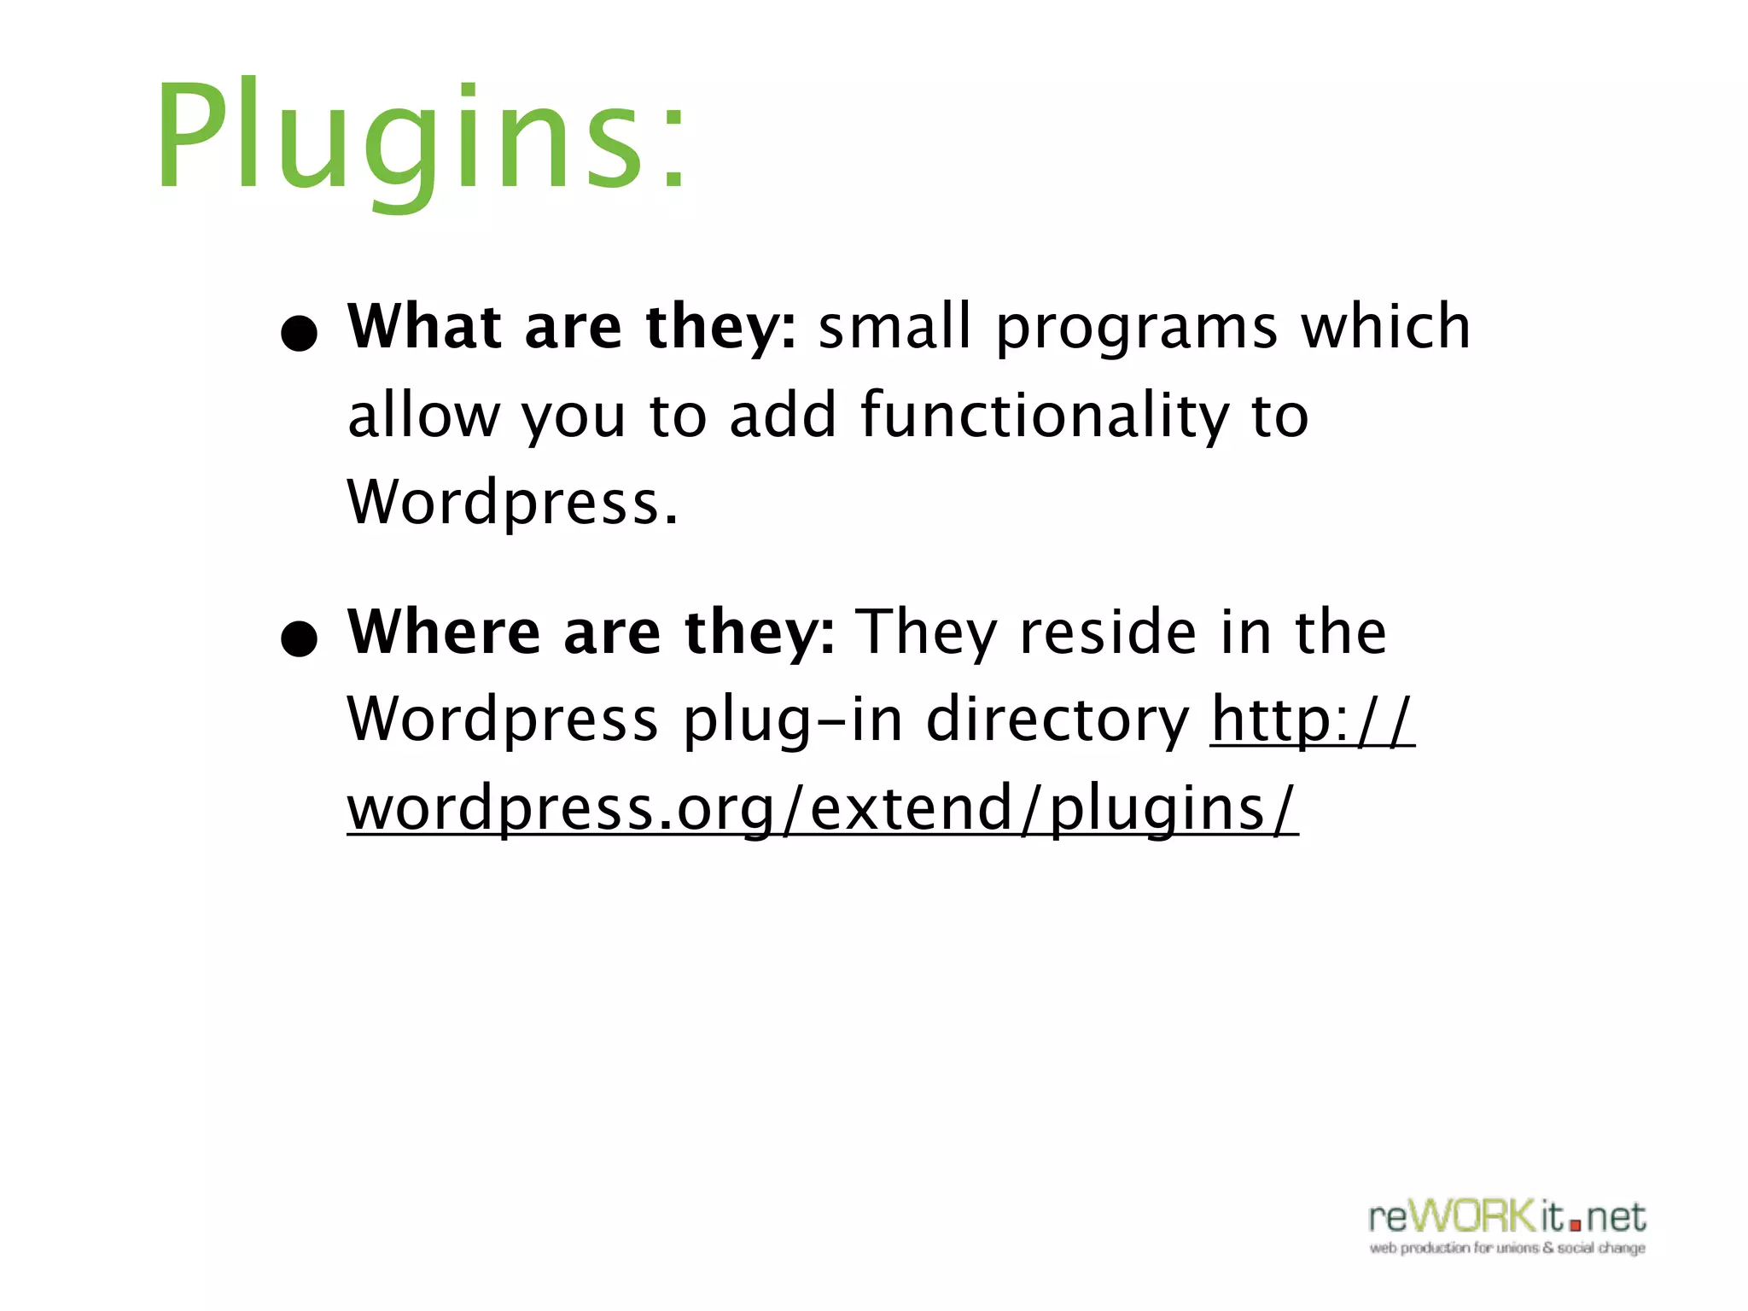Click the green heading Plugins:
pos(421,137)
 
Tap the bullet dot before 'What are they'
pos(299,334)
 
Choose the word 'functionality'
pos(1045,417)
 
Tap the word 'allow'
pos(423,416)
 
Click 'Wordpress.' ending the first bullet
pos(512,504)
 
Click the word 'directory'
pos(1057,721)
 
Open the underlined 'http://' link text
pos(1312,720)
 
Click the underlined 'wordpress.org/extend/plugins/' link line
pos(822,808)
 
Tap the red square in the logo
pos(1575,1225)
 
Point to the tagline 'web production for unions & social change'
pos(1507,1248)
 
